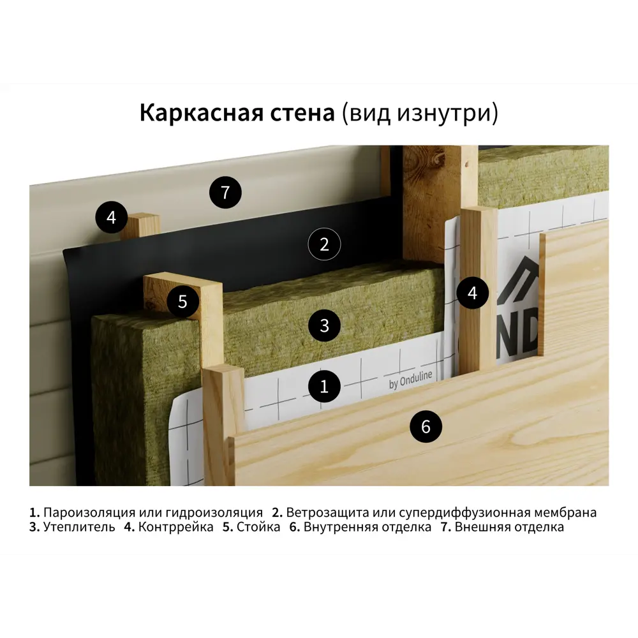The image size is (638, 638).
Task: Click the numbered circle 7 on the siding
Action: [225, 191]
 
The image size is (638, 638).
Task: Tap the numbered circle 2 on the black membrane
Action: [324, 244]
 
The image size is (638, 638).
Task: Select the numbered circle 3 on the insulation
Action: [324, 325]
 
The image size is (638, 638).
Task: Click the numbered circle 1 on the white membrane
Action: [324, 386]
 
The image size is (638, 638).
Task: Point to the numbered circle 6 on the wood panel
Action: [426, 427]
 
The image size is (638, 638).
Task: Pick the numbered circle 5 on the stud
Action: [183, 301]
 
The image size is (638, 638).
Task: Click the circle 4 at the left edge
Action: [112, 218]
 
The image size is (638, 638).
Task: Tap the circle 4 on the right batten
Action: [472, 293]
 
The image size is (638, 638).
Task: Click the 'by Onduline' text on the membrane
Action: [410, 382]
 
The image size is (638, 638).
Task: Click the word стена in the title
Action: [303, 114]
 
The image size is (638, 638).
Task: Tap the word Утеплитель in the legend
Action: [79, 528]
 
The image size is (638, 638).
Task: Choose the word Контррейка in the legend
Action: [175, 528]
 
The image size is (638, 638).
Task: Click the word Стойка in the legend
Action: [258, 528]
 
